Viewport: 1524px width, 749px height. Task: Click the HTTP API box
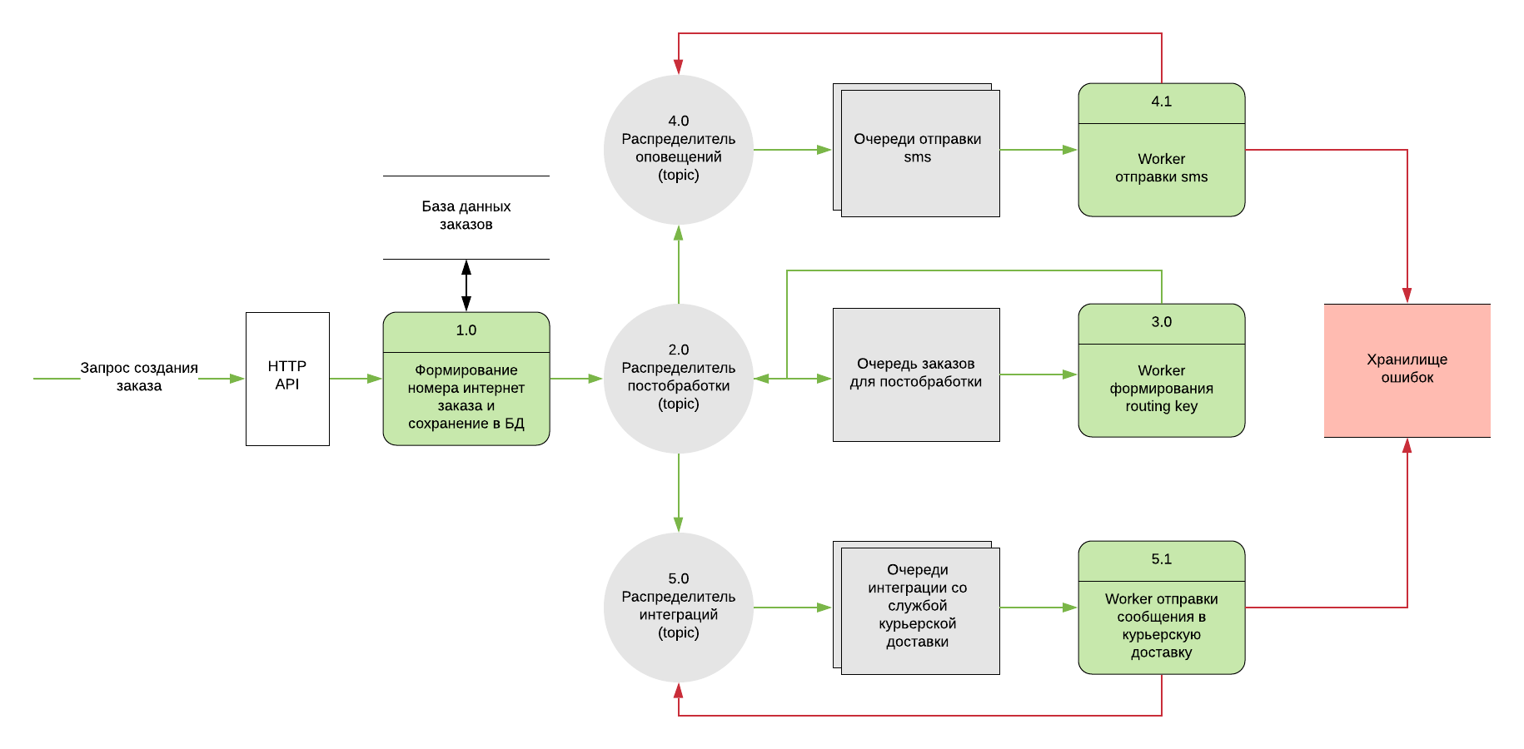(287, 379)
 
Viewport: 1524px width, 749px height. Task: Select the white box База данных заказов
(466, 216)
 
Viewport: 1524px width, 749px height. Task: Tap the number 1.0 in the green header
(466, 330)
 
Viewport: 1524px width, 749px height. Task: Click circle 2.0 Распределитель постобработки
(678, 379)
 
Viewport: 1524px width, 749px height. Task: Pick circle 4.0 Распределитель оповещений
(678, 150)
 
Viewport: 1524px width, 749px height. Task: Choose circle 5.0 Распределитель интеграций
(678, 608)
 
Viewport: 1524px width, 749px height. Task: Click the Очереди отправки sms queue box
(918, 150)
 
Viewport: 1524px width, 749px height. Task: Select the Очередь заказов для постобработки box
(916, 374)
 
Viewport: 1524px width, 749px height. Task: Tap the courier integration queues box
(918, 608)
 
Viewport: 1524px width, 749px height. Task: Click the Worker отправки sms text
(1161, 168)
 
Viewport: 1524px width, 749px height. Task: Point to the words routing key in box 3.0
(1161, 406)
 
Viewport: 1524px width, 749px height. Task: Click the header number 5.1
(1161, 559)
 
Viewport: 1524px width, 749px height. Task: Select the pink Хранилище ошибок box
(1407, 370)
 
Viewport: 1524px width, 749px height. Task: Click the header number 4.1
(1161, 102)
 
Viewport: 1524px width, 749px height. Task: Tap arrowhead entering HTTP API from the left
(238, 379)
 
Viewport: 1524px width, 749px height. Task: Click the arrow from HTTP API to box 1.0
(356, 379)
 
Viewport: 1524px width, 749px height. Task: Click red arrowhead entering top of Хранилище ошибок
(1407, 296)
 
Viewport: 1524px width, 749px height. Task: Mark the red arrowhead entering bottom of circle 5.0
(678, 690)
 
